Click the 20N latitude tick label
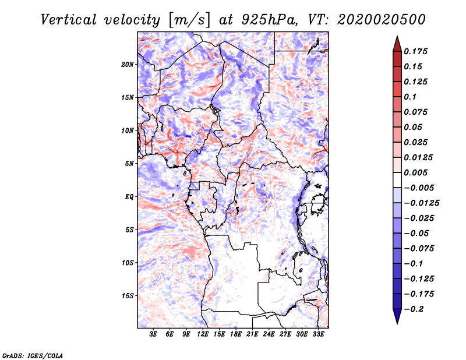128,64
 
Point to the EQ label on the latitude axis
129,197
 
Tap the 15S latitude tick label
128,296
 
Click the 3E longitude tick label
153,334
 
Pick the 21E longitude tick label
252,334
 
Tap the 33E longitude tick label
318,334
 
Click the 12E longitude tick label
203,334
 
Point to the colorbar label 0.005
417,173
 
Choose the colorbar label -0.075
419,249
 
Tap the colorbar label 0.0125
419,158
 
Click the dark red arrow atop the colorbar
397,43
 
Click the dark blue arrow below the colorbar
397,317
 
